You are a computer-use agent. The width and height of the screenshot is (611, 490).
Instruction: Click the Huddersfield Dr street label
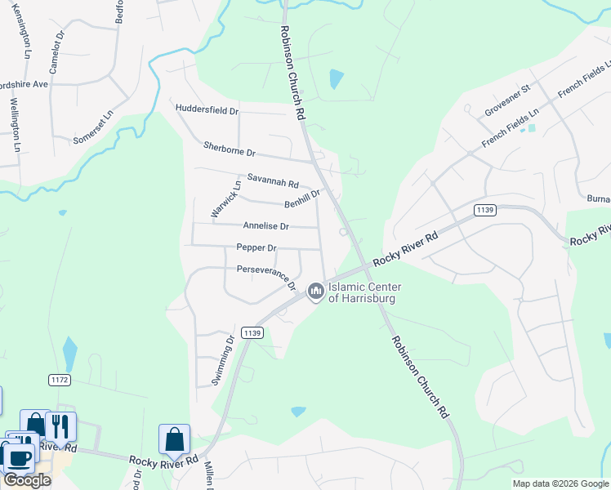pyautogui.click(x=207, y=109)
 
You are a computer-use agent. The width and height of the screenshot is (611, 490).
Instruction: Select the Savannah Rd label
pyautogui.click(x=273, y=180)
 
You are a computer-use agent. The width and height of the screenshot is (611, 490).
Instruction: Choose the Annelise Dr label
pyautogui.click(x=265, y=225)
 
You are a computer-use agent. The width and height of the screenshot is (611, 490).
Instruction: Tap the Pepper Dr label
pyautogui.click(x=256, y=247)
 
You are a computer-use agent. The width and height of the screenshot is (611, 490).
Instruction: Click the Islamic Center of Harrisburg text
pyautogui.click(x=362, y=292)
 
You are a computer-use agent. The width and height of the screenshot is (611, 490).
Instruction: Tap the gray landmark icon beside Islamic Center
pyautogui.click(x=316, y=292)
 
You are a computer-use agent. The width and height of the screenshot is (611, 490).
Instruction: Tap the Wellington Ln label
pyautogui.click(x=15, y=125)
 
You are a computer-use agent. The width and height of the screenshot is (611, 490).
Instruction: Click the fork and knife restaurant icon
pyautogui.click(x=60, y=425)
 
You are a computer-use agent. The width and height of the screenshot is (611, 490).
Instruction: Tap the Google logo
pyautogui.click(x=26, y=480)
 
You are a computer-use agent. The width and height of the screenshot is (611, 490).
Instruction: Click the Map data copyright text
pyautogui.click(x=560, y=483)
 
